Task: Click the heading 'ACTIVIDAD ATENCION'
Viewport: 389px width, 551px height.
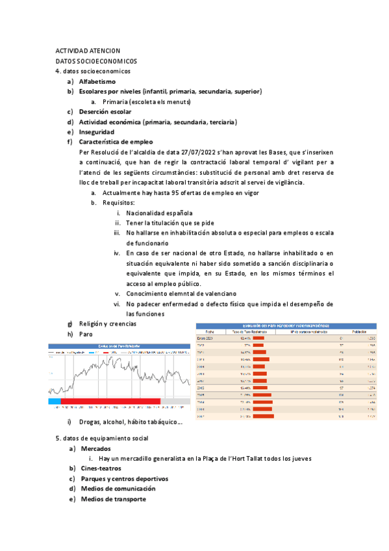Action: click(x=88, y=50)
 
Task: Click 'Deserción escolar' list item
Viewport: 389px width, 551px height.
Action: click(x=105, y=112)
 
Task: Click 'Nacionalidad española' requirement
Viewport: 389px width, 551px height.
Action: click(x=159, y=213)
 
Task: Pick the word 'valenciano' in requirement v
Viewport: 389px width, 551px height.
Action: click(x=194, y=294)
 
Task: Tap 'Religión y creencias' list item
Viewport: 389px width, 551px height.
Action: click(x=107, y=324)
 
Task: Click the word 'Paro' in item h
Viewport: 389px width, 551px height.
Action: click(x=86, y=334)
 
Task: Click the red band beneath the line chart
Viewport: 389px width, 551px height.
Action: click(x=110, y=401)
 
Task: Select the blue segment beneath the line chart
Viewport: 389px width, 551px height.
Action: click(x=54, y=401)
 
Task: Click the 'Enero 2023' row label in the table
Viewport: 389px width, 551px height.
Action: click(x=205, y=339)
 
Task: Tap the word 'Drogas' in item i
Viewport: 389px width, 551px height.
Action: click(x=90, y=422)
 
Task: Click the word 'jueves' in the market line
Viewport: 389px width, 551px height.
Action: click(x=301, y=459)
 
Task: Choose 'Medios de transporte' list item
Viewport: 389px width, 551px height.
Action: click(x=113, y=499)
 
